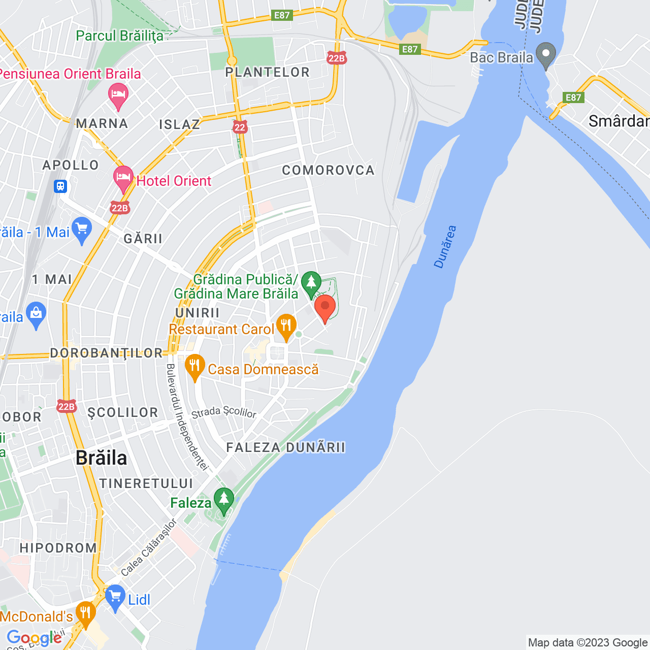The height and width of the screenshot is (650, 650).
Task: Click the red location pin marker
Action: pos(325,307)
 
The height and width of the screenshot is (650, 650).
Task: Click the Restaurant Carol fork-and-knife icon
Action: pos(286,326)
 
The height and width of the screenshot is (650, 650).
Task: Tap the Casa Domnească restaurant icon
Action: pos(194,366)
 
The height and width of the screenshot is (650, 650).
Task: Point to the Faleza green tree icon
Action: pos(223,500)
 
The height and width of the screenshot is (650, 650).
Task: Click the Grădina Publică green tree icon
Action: pos(311,283)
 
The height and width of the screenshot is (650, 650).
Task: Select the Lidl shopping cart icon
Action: pos(115,597)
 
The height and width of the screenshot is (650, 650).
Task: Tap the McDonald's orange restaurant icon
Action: pos(85,613)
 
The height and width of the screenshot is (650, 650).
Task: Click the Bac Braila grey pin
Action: pos(546,55)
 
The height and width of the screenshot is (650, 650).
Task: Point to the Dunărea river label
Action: pos(445,247)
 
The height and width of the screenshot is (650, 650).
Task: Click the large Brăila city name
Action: pos(102,458)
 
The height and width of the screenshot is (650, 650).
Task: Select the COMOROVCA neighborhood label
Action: pos(328,170)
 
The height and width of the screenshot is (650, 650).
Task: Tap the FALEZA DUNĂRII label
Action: pos(286,447)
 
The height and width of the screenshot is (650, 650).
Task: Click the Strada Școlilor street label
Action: pos(224,412)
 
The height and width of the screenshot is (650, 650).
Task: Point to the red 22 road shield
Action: pos(240,127)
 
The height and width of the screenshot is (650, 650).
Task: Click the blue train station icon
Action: pos(61,186)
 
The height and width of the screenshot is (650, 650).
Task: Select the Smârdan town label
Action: pos(619,121)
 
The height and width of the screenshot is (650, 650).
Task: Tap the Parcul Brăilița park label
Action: pos(120,36)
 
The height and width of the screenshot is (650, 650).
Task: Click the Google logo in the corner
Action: pos(34,638)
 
